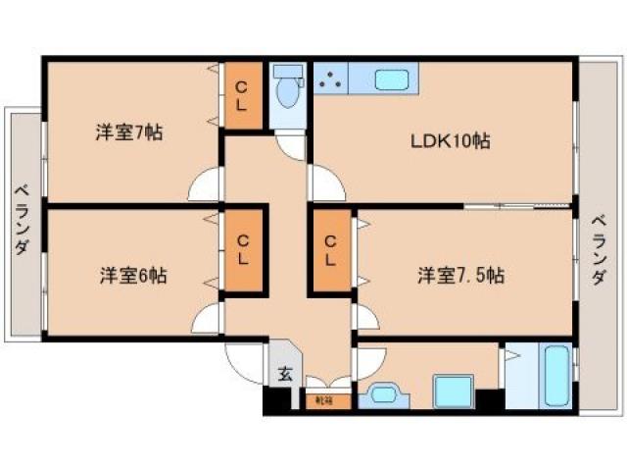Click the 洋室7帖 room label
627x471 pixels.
[x=128, y=133]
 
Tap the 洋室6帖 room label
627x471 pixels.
[x=132, y=276]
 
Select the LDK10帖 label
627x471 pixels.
[x=450, y=141]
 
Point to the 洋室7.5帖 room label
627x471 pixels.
[x=460, y=276]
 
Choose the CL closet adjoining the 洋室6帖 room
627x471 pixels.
[x=243, y=250]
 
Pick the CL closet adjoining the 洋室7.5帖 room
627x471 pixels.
[x=330, y=250]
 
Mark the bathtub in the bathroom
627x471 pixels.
[x=556, y=378]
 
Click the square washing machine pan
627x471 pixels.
[x=454, y=390]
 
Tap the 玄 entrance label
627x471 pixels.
[x=283, y=374]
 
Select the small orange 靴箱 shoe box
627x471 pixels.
[x=323, y=400]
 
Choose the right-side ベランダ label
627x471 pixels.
[x=599, y=250]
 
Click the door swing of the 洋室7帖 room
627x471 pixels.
[x=207, y=185]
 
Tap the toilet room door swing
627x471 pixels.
[x=292, y=144]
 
